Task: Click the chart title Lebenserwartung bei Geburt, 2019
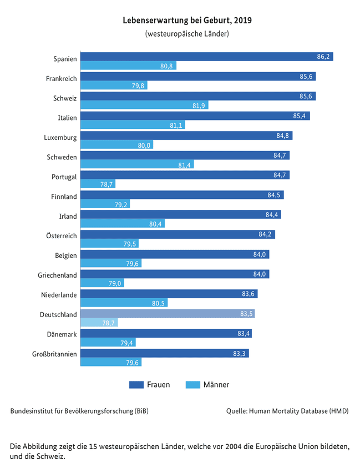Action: (187, 21)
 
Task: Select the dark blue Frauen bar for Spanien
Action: (207, 57)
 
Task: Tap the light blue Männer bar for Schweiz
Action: (144, 105)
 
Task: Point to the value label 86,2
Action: (323, 57)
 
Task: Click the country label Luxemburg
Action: (60, 138)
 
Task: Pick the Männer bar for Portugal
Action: (98, 184)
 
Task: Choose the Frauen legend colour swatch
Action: (136, 384)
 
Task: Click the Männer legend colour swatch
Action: (193, 384)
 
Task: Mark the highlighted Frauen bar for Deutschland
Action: (168, 314)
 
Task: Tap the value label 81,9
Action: (199, 106)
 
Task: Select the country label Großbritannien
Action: (54, 354)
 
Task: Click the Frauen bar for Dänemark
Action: (166, 333)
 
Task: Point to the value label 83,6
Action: (248, 294)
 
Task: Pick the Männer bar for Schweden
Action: (137, 164)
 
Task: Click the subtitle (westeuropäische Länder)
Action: (187, 33)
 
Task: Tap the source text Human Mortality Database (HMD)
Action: (299, 411)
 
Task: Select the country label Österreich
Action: (62, 235)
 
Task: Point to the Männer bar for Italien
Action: (133, 124)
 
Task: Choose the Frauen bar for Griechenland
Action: (175, 274)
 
